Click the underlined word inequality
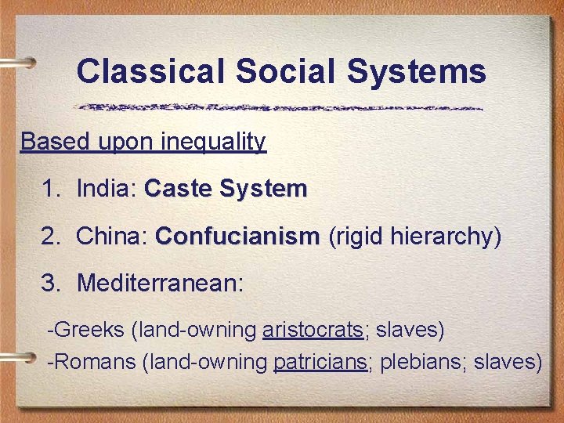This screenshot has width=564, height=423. click(x=214, y=142)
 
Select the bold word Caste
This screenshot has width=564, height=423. click(x=179, y=189)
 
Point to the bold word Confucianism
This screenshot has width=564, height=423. click(x=237, y=236)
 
